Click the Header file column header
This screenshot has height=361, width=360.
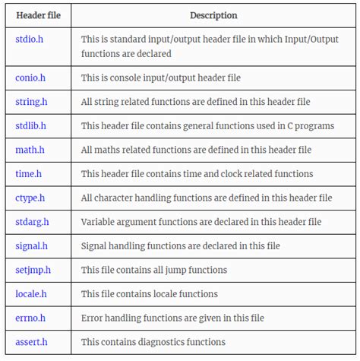click(x=39, y=15)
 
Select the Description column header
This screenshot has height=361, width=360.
click(x=213, y=15)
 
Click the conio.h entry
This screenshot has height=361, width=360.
click(x=30, y=77)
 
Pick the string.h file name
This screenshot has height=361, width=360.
click(x=32, y=101)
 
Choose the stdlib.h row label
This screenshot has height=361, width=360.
click(x=31, y=125)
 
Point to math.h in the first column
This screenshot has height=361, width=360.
click(x=30, y=150)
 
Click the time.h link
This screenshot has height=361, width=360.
click(x=28, y=174)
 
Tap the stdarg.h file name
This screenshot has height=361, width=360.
click(x=32, y=222)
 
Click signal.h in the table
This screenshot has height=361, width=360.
click(x=31, y=246)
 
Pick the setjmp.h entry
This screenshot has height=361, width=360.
click(x=33, y=270)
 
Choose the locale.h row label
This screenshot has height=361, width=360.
click(x=31, y=293)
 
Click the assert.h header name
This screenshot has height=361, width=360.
click(x=31, y=342)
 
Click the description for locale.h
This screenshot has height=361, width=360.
click(x=149, y=293)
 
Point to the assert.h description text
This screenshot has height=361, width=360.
click(x=153, y=342)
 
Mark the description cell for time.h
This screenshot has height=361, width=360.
click(x=197, y=174)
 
